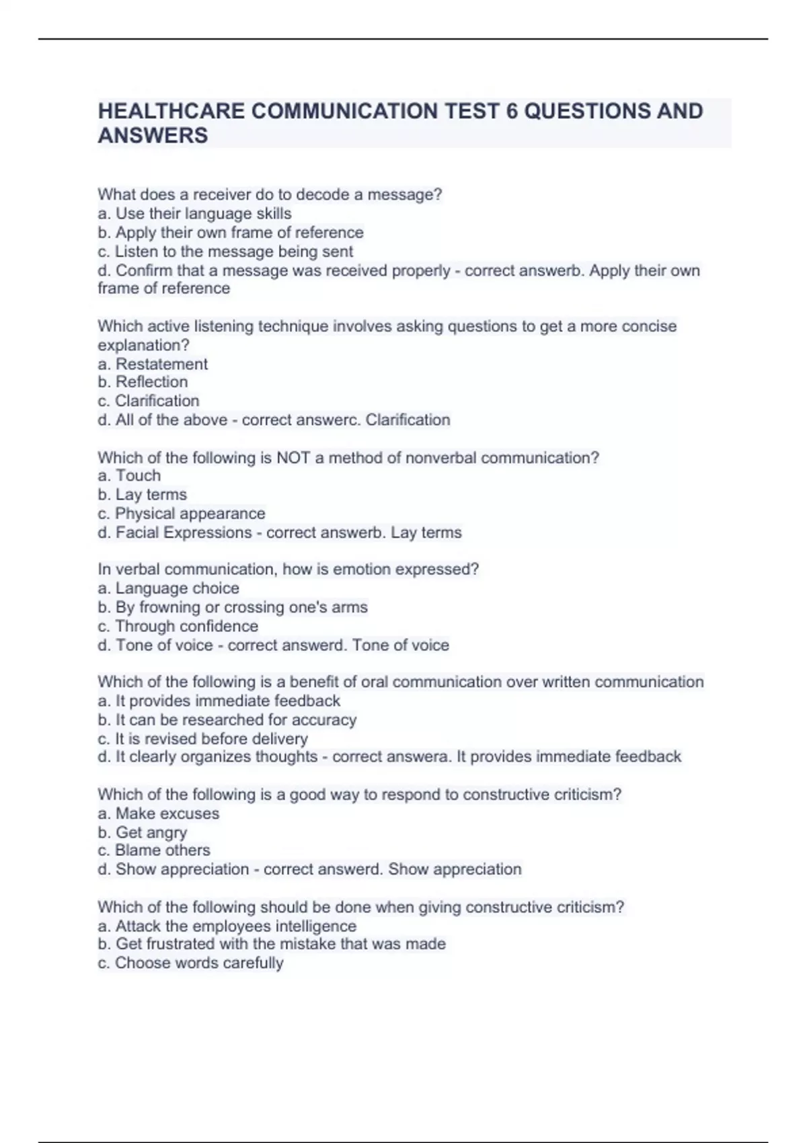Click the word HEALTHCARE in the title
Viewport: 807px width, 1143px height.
point(171,111)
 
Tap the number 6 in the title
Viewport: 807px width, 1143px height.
point(512,111)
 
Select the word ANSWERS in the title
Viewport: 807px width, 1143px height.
point(153,136)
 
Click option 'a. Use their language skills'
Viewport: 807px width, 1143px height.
point(194,214)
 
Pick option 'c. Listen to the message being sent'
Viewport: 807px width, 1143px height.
point(225,251)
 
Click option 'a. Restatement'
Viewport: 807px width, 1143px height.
point(153,364)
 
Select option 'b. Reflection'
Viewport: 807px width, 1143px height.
point(143,382)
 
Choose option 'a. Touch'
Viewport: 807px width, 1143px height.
point(129,476)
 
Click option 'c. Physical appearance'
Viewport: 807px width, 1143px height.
point(181,514)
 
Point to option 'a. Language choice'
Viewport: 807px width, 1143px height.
point(168,588)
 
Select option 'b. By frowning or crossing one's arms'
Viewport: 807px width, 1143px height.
point(232,607)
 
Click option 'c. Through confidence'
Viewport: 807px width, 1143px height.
point(178,626)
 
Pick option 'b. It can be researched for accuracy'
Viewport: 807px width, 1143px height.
point(227,719)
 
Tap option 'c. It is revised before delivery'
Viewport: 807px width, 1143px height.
point(202,738)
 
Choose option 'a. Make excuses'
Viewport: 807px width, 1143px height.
point(158,814)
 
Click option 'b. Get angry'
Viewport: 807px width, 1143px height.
point(142,832)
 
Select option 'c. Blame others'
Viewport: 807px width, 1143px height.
point(153,851)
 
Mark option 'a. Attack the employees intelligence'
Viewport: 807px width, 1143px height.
point(227,926)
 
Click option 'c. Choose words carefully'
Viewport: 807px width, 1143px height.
point(190,963)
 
